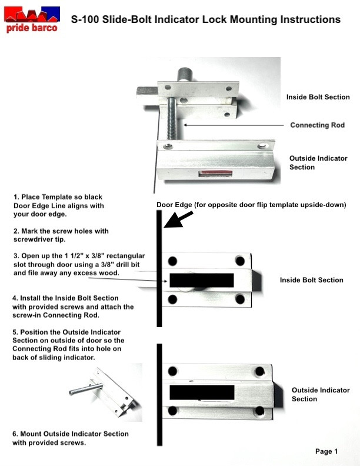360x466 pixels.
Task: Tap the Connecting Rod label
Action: click(317, 125)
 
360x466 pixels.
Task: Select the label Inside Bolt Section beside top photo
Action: click(318, 97)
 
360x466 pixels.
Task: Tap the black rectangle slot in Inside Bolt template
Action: click(201, 280)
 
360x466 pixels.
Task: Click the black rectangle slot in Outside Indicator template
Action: click(202, 392)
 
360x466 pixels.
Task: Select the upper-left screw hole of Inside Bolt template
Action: click(172, 261)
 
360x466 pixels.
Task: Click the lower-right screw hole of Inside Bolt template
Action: click(240, 299)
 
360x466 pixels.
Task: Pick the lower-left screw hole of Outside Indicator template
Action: click(172, 411)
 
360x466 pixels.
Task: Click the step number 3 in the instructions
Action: click(16, 257)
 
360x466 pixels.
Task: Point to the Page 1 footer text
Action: click(326, 452)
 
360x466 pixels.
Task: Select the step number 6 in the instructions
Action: click(15, 434)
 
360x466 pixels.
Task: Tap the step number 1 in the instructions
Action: click(16, 197)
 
